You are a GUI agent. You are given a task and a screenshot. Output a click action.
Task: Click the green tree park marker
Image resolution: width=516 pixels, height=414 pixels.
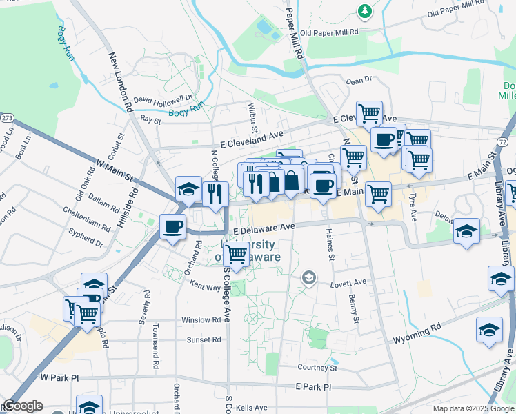point(365,10)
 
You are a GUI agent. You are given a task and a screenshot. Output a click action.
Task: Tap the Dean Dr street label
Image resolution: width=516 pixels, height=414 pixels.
point(359,81)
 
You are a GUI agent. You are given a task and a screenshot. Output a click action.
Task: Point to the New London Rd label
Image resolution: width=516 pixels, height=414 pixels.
point(120,83)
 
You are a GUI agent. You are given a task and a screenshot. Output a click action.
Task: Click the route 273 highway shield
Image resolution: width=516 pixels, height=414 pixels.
point(7,118)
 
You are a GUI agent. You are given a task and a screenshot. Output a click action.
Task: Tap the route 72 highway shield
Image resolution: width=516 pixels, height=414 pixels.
point(504,141)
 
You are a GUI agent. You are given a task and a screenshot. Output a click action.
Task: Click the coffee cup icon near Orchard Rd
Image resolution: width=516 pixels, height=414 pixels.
point(173,226)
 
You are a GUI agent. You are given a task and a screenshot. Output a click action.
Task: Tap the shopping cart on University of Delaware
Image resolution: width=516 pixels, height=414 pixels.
point(237,254)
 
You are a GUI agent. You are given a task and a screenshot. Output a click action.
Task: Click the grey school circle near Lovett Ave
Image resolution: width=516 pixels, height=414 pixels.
point(309,279)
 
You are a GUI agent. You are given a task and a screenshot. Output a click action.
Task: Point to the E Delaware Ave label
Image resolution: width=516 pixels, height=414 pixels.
point(264,227)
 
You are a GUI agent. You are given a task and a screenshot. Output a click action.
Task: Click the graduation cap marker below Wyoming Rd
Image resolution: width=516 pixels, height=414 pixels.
point(489,329)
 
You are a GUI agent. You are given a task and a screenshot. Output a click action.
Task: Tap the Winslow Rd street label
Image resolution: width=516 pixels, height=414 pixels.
point(201,320)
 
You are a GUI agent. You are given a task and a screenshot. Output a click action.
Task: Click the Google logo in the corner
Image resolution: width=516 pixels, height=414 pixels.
point(23,406)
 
